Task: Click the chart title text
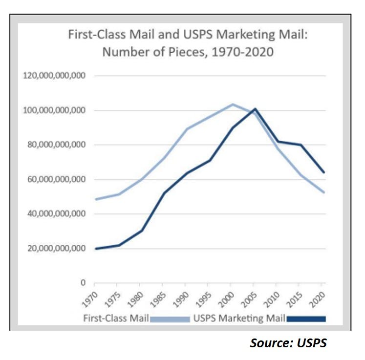188,43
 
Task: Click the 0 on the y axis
84,283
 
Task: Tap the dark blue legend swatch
306,319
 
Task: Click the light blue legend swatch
170,319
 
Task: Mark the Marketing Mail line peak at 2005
255,108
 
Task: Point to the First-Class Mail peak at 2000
233,104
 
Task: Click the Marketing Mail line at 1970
95,249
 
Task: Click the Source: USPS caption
288,343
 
